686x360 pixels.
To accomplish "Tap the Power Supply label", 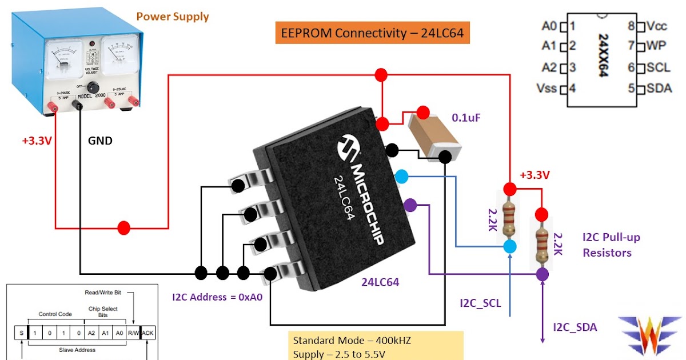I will pyautogui.click(x=173, y=16).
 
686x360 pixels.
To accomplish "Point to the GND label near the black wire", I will pyautogui.click(x=100, y=140).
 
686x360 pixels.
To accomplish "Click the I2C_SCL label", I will pyautogui.click(x=481, y=303).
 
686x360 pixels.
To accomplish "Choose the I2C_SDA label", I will pyautogui.click(x=575, y=327).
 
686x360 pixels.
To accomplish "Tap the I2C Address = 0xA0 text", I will pyautogui.click(x=217, y=297).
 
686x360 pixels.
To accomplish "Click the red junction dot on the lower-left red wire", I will pyautogui.click(x=123, y=228).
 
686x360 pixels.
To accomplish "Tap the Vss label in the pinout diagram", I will pyautogui.click(x=547, y=89).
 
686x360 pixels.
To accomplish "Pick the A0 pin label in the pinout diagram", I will pyautogui.click(x=549, y=26).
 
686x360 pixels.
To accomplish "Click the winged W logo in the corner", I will pyautogui.click(x=649, y=334).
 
